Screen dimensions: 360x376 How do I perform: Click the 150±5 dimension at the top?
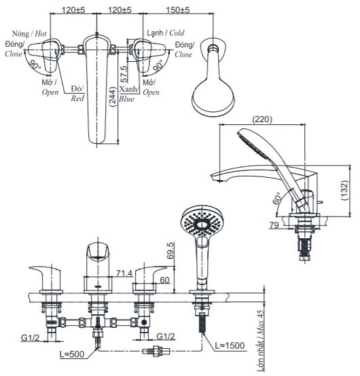[x=178, y=10]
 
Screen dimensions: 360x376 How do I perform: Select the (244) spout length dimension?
[x=113, y=96]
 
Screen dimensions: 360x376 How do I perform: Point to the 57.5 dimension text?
[x=124, y=74]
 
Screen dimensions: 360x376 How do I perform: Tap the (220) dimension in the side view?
[x=262, y=119]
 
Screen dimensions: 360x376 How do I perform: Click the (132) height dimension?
[x=344, y=190]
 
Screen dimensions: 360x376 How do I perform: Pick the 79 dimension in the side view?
[x=274, y=225]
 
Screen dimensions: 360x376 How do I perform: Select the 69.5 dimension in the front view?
[x=170, y=250]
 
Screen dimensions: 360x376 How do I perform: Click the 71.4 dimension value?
[x=124, y=274]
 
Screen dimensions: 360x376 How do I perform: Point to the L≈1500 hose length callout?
[x=230, y=345]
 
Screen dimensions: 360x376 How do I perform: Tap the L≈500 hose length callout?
[x=72, y=354]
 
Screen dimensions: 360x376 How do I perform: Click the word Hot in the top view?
[x=41, y=34]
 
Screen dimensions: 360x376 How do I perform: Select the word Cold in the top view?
[x=177, y=33]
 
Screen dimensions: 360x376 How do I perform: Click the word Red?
[x=77, y=98]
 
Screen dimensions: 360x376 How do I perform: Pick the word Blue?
[x=126, y=99]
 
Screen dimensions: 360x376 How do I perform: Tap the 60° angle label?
[x=276, y=198]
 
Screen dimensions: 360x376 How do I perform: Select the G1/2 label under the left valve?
[x=30, y=337]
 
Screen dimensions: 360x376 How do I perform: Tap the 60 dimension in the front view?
[x=164, y=280]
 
